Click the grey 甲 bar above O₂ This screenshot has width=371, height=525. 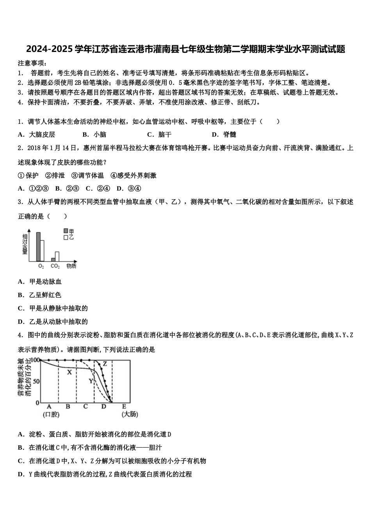38,246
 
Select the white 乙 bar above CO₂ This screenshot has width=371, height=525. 57,256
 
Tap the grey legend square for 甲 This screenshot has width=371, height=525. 66,231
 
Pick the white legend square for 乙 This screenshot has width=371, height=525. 66,237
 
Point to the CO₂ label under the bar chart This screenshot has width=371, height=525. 55,266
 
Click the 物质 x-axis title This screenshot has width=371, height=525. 71,266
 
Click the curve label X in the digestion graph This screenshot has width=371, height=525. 70,372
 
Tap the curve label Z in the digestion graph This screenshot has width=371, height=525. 105,364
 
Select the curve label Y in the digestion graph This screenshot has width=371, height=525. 91,380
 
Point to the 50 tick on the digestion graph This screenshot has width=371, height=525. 36,381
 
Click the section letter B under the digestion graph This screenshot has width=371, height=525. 68,407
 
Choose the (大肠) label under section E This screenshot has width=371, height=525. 130,414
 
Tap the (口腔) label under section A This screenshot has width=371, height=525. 51,414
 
